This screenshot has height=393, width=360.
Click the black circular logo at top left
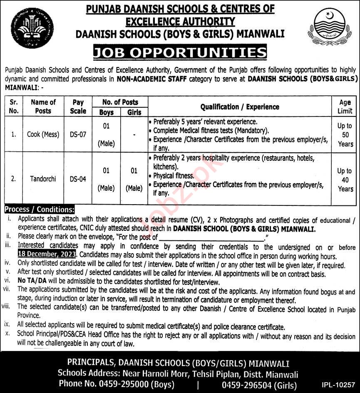click(32, 28)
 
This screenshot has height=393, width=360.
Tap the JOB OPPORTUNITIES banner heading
click(180, 53)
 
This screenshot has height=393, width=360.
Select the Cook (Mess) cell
click(43, 134)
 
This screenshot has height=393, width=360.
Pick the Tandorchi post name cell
click(43, 179)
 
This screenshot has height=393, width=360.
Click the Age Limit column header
click(345, 106)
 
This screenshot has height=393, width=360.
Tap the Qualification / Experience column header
click(240, 107)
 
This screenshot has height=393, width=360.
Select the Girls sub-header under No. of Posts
click(134, 112)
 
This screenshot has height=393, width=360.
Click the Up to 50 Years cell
click(345, 135)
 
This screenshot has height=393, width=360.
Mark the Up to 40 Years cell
click(345, 180)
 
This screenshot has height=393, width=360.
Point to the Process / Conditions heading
click(40, 210)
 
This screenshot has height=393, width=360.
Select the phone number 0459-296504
click(248, 385)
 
